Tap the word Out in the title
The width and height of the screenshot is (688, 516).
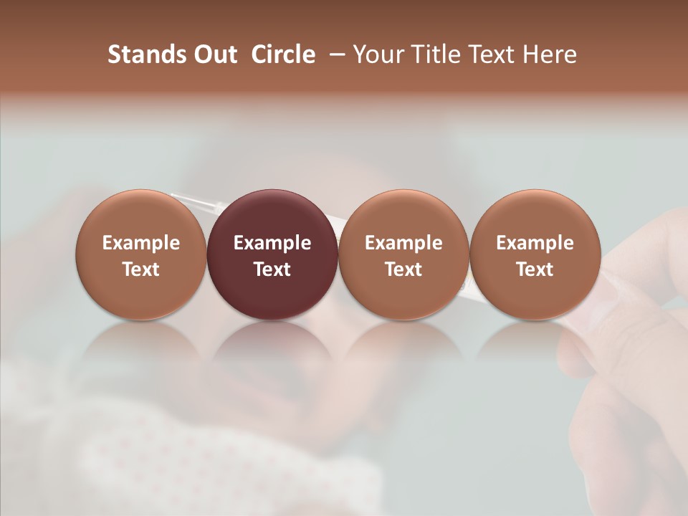tap(213, 54)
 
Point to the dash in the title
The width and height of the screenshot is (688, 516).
tap(334, 54)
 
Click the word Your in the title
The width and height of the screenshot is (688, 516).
tap(376, 54)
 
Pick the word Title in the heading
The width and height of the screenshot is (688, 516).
tap(429, 54)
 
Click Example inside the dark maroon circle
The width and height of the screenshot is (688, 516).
tap(272, 243)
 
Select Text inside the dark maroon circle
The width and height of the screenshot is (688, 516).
tap(272, 269)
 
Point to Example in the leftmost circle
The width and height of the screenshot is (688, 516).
tap(141, 243)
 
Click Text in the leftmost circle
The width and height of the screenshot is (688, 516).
tap(141, 269)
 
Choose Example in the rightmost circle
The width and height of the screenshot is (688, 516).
tap(535, 243)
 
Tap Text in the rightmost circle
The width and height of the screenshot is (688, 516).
tap(535, 269)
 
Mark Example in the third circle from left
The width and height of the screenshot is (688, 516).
tap(403, 243)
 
